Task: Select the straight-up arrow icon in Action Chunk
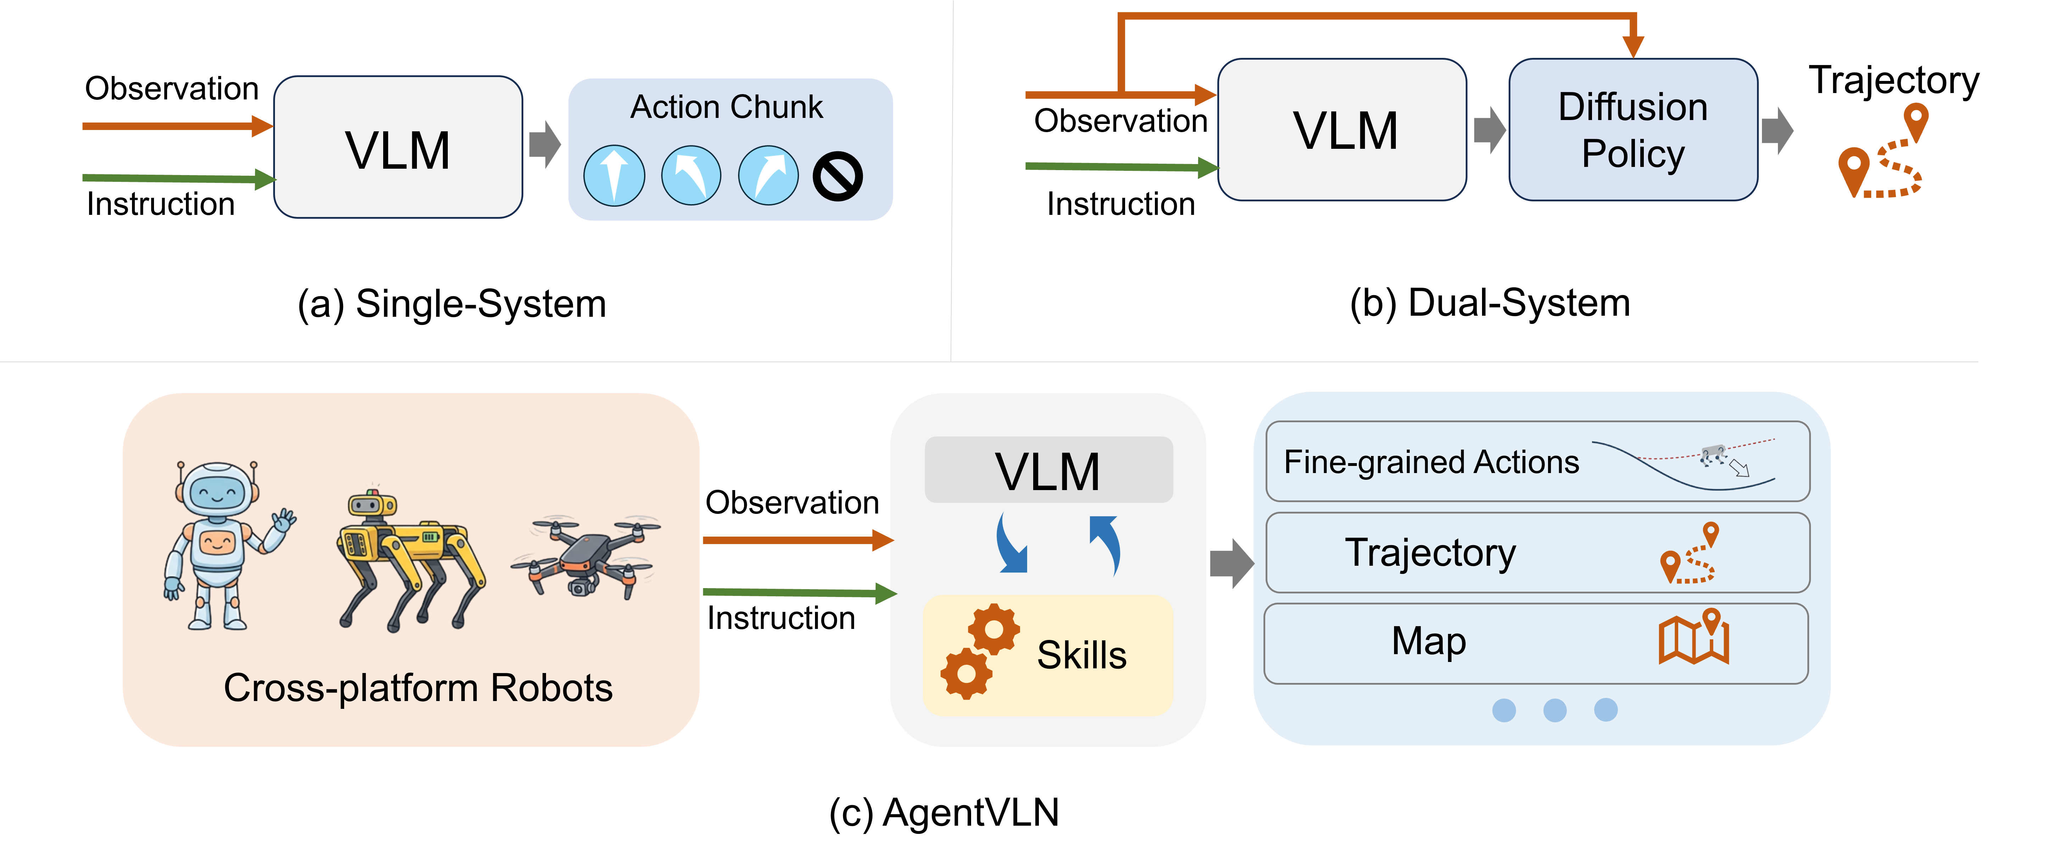614,176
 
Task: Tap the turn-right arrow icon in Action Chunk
767,176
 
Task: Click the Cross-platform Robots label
418,688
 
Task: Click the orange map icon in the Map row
1694,637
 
